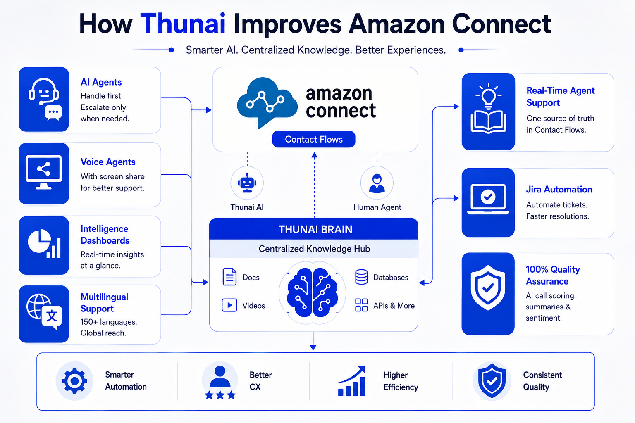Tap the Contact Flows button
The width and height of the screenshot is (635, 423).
313,139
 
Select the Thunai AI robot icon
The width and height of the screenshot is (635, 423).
247,183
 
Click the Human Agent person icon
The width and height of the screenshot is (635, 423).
377,183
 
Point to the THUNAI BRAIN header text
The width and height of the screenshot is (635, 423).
315,229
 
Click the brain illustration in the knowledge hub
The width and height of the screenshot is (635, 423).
313,292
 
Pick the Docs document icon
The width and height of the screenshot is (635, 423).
229,277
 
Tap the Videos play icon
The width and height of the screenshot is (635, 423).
229,305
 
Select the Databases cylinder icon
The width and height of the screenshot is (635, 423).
361,277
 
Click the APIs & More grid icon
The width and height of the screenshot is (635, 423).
361,305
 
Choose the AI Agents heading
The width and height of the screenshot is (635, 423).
101,82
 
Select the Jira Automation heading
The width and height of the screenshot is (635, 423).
559,189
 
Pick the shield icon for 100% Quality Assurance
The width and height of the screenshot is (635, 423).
488,288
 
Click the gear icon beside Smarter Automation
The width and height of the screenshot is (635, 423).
74,381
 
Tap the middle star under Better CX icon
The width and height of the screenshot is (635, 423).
220,394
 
